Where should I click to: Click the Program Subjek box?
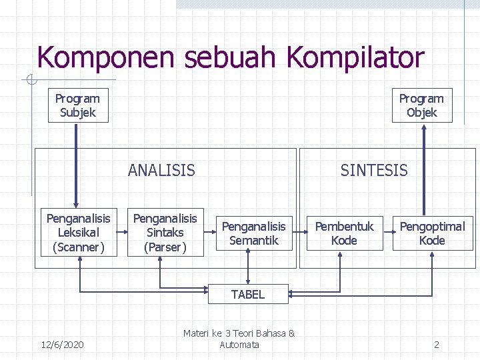coord(78,106)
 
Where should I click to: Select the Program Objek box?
coord(421,106)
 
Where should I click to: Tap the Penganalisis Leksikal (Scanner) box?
coord(78,233)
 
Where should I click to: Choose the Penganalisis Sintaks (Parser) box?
coord(165,233)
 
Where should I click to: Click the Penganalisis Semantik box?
coord(253,233)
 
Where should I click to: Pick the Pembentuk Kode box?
coord(345,233)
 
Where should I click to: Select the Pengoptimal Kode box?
coord(432,233)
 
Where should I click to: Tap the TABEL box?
coord(248,294)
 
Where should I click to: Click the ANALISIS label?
coord(161,171)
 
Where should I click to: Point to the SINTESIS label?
coord(373,171)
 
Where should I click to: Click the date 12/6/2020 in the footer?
coord(62,345)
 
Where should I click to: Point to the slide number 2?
coord(437,345)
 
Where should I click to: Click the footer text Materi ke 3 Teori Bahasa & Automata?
coord(239,339)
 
